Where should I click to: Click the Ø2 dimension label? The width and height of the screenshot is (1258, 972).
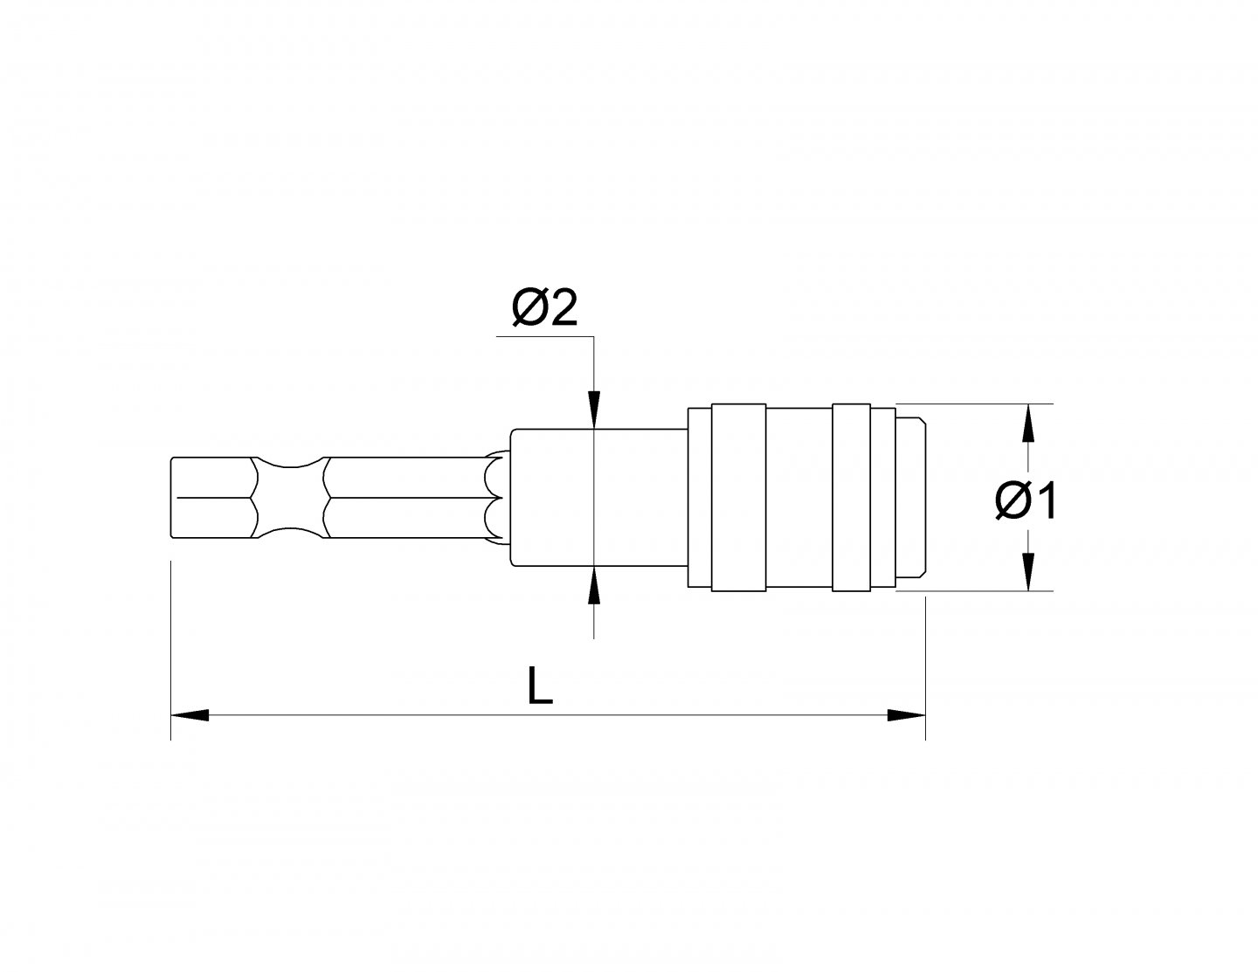[545, 307]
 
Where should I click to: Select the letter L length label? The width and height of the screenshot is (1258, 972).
[541, 686]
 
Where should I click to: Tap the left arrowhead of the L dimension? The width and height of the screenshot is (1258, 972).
[190, 715]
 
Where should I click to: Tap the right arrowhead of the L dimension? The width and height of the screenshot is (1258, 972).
[906, 715]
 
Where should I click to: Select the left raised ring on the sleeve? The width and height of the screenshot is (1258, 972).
[739, 498]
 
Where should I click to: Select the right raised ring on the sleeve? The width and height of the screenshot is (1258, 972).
[851, 498]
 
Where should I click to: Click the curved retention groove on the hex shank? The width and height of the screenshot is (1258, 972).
[289, 498]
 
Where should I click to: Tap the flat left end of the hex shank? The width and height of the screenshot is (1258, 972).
[173, 498]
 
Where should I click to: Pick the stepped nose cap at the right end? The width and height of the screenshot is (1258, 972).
[910, 498]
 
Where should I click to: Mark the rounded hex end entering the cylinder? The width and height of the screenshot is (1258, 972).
[495, 498]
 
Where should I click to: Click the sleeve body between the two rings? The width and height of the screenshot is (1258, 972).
[799, 498]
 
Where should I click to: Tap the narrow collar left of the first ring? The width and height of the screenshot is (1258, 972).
[699, 498]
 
